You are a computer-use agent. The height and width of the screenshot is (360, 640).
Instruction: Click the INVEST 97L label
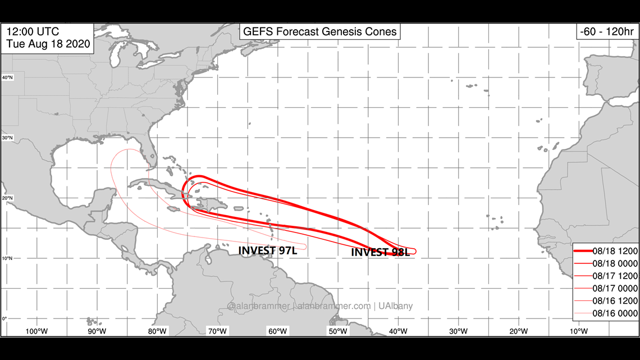pyautogui.click(x=268, y=250)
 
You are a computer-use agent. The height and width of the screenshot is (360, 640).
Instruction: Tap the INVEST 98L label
pyautogui.click(x=380, y=252)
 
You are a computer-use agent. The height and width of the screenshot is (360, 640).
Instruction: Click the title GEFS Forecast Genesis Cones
pyautogui.click(x=319, y=31)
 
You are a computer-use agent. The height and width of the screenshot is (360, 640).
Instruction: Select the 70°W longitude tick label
pyautogui.click(x=217, y=331)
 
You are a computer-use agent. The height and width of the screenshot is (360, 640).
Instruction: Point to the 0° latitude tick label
pyautogui.click(x=4, y=318)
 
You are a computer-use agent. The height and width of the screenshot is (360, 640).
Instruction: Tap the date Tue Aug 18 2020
pyautogui.click(x=49, y=44)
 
